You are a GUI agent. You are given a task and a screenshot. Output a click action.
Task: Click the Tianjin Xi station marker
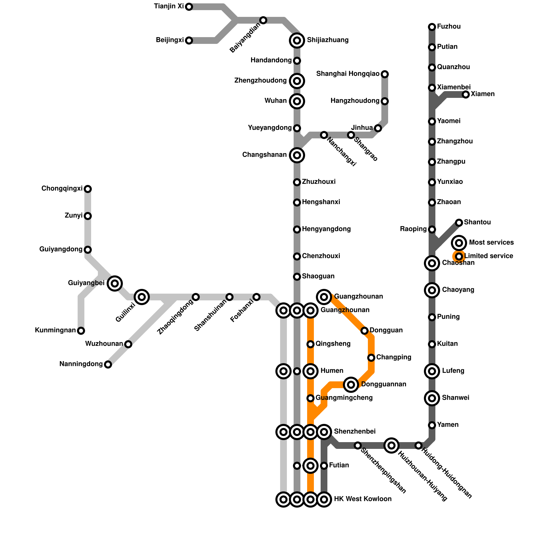(189, 7)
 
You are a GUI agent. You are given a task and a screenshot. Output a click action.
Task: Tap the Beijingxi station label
(170, 40)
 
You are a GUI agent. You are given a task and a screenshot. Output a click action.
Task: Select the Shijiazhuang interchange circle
(297, 40)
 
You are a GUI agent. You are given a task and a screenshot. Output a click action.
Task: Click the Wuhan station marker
(297, 101)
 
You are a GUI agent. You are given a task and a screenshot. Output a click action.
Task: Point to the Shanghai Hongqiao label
(348, 74)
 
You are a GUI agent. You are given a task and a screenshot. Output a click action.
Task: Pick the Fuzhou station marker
(432, 27)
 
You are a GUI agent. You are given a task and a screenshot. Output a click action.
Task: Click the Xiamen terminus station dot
(466, 94)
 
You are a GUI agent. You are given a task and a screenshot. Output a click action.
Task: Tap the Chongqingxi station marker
(88, 189)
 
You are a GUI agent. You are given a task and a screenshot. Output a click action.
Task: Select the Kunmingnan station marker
(81, 331)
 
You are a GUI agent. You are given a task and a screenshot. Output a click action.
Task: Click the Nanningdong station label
(81, 364)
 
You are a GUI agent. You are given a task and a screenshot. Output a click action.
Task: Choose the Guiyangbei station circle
(115, 283)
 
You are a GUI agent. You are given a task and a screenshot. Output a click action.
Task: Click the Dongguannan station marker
(351, 384)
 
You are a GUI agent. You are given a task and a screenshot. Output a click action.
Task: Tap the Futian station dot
(324, 466)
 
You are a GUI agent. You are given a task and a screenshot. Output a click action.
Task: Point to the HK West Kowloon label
(363, 499)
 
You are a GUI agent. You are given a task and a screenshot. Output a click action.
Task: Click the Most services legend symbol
(459, 243)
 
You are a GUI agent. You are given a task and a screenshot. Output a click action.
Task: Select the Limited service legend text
(488, 256)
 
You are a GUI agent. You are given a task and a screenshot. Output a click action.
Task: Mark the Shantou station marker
(459, 223)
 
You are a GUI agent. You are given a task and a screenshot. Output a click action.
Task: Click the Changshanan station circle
(297, 155)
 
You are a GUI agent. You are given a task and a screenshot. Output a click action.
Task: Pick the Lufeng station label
(453, 371)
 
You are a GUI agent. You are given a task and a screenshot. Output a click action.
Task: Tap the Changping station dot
(371, 358)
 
